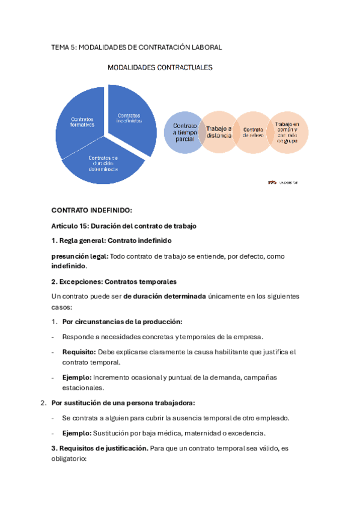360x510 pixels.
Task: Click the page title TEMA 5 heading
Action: [136, 47]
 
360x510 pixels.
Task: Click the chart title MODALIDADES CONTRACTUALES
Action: [160, 68]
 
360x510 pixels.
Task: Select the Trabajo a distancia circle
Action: [218, 132]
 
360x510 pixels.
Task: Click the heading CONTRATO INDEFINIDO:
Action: [91, 210]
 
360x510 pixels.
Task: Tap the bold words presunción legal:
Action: [79, 256]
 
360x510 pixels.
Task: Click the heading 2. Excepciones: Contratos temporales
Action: [114, 281]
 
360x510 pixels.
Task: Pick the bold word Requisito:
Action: [78, 352]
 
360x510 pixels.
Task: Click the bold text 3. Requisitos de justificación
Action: [99, 448]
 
